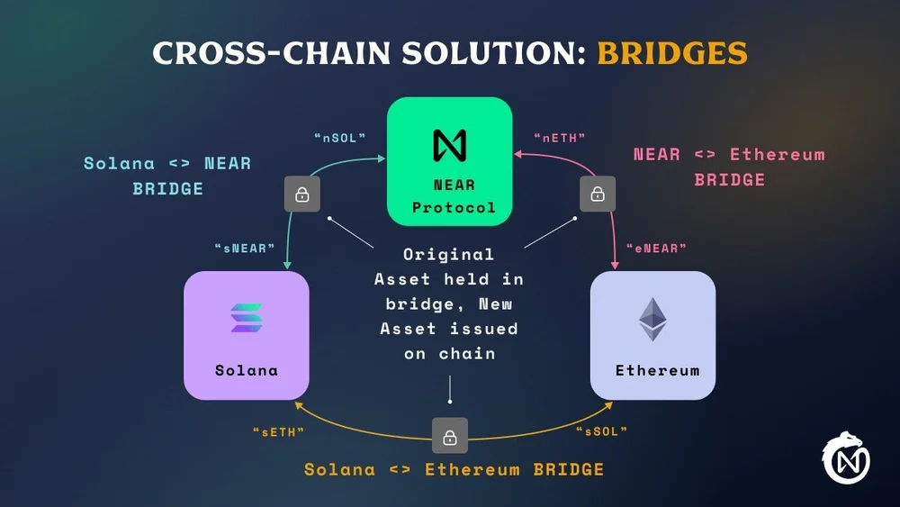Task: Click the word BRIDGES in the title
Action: [672, 52]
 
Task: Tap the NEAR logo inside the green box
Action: [450, 144]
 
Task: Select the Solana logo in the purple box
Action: [247, 318]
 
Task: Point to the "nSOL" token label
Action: [340, 138]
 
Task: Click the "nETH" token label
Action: [560, 138]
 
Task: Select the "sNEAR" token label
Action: [245, 248]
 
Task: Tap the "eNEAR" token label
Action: [657, 248]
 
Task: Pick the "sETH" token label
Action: [278, 431]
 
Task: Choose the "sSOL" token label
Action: [601, 431]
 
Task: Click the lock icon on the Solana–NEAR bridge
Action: [302, 194]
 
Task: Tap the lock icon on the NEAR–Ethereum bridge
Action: [597, 194]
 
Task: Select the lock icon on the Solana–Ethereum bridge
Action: [450, 437]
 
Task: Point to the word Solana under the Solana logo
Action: [247, 370]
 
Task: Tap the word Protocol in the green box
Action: [454, 207]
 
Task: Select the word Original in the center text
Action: [448, 255]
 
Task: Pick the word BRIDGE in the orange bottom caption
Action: [569, 469]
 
